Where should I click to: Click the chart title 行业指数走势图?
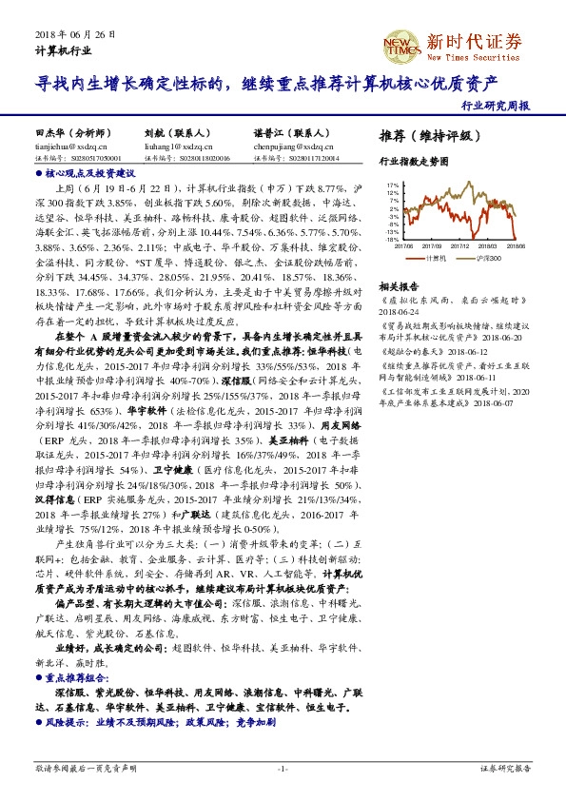(x=412, y=162)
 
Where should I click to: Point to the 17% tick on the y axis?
(x=392, y=186)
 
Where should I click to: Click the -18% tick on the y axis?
(x=392, y=239)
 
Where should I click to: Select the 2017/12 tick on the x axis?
(x=458, y=244)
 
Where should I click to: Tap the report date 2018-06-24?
(x=402, y=309)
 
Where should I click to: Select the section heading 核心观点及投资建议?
(x=90, y=175)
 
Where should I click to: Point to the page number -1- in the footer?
(x=282, y=768)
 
